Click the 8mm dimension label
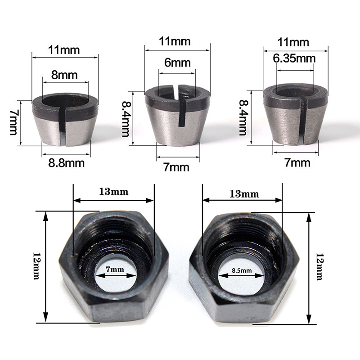pyautogui.click(x=64, y=75)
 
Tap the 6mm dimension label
pyautogui.click(x=177, y=63)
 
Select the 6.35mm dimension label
pyautogui.click(x=294, y=58)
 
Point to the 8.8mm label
pyautogui.click(x=66, y=163)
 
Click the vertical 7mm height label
pyautogui.click(x=14, y=122)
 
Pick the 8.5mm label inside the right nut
pyautogui.click(x=242, y=270)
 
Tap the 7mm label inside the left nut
pyautogui.click(x=115, y=269)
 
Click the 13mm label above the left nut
pyautogui.click(x=114, y=192)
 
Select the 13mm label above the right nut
pyautogui.click(x=244, y=194)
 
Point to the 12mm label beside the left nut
pyautogui.click(x=37, y=266)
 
